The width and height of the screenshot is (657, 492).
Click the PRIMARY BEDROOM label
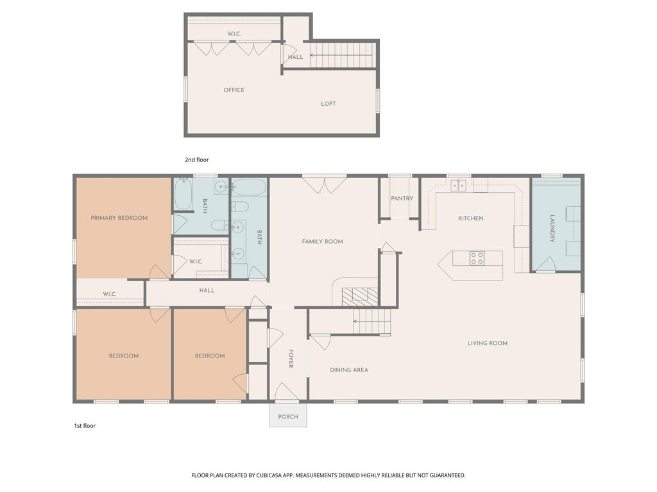point(119,218)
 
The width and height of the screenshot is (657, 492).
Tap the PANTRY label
point(402,199)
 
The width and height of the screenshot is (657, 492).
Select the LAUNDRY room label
point(552,228)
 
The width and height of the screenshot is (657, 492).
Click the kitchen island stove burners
point(477,258)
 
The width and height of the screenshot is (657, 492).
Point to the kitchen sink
point(458,186)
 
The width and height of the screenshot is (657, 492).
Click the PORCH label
point(288,417)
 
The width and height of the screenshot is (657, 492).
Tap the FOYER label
point(290,358)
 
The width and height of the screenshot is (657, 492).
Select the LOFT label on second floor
point(328,104)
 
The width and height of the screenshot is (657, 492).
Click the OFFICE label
point(234,90)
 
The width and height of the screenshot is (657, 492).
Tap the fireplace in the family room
point(359,295)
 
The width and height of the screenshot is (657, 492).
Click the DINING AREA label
point(349,370)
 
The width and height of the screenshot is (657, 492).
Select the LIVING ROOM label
point(487,343)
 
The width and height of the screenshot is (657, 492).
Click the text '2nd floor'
point(196,160)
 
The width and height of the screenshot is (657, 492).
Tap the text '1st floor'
point(85,425)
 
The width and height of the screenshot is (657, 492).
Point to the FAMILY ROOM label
point(322,242)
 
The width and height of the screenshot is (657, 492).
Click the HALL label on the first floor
point(207,291)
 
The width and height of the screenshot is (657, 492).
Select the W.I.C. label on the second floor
point(234,33)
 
